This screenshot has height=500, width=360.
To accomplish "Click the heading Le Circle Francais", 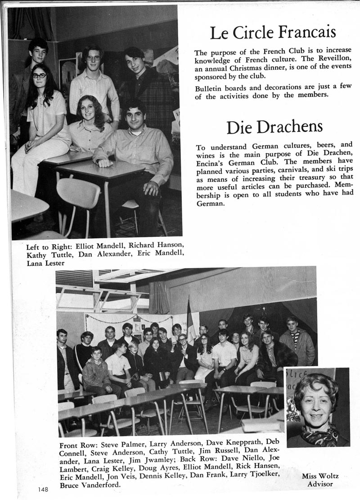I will click(273, 32).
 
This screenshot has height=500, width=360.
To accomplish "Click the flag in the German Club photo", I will click(191, 319).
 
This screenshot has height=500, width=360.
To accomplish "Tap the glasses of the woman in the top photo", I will click(39, 75).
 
